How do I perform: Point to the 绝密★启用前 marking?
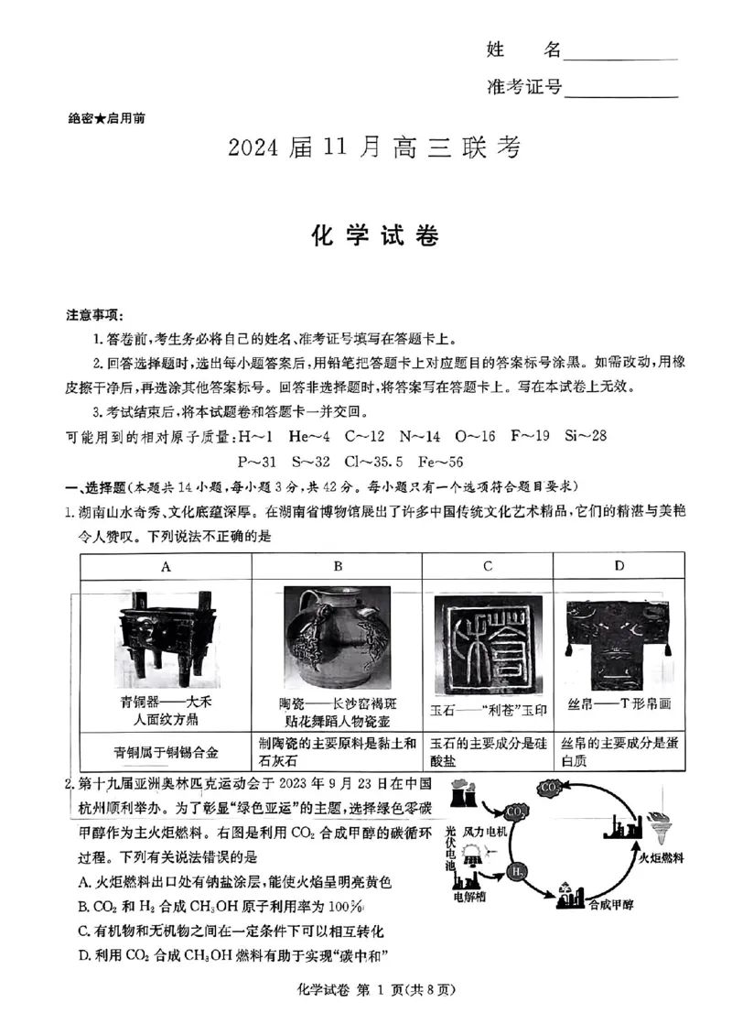click(x=106, y=118)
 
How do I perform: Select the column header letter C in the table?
click(x=487, y=566)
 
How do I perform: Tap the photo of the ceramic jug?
click(x=337, y=639)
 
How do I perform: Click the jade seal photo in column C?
click(x=487, y=645)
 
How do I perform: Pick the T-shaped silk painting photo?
click(x=619, y=645)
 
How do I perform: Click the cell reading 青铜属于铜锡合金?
click(x=166, y=752)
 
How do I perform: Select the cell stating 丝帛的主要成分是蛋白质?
click(x=619, y=751)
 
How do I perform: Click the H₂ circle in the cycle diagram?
click(x=517, y=869)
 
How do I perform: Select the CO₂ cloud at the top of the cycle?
click(x=551, y=787)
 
